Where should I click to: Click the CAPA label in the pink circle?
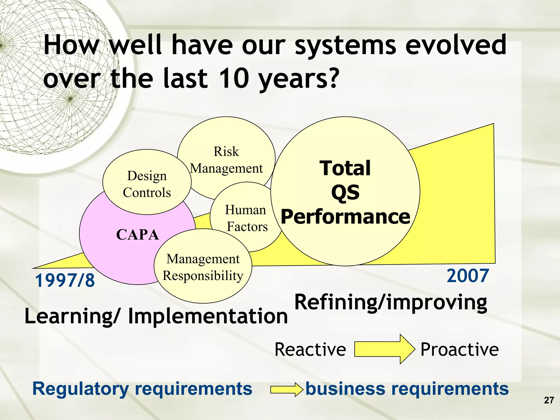[138, 235]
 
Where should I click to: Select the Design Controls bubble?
[147, 184]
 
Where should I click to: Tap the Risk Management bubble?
[226, 160]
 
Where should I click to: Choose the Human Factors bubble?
[246, 218]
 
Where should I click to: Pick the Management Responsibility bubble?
[203, 267]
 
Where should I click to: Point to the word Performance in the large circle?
[345, 217]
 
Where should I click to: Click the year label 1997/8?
[65, 281]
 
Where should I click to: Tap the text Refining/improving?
[390, 302]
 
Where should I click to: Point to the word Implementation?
[208, 316]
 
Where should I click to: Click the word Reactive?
[310, 349]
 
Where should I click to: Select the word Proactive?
[459, 349]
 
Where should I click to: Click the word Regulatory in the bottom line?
[80, 389]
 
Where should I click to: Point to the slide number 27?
[549, 400]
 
